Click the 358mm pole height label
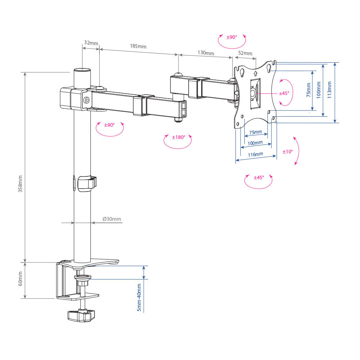(x=20, y=184)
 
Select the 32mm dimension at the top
(x=91, y=43)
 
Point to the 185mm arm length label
(x=138, y=46)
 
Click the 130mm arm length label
(x=206, y=53)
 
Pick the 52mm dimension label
(x=245, y=53)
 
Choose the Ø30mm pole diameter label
(x=112, y=219)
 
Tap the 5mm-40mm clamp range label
(x=139, y=298)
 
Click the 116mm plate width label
(x=256, y=154)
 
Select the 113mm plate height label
(x=329, y=90)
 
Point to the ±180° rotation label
(x=179, y=137)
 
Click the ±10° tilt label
(x=288, y=152)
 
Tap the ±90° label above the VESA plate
(x=231, y=37)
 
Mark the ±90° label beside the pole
(x=109, y=125)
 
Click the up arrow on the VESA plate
(x=256, y=73)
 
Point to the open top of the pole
(x=82, y=70)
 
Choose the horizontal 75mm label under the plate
(x=256, y=132)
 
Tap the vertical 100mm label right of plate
(x=319, y=90)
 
